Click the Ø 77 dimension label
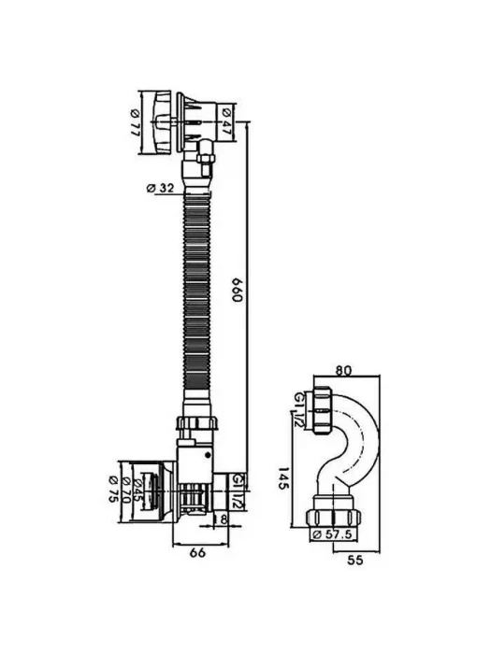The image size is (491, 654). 135,121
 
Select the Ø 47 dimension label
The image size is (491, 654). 226,121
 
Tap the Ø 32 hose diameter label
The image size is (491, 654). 160,189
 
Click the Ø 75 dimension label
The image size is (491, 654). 113,490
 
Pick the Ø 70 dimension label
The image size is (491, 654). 124,490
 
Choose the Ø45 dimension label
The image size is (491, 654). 137,490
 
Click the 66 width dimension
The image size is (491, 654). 197,553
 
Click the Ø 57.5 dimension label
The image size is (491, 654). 332,534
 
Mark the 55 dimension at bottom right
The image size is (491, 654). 355,561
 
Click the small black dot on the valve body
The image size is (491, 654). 208,456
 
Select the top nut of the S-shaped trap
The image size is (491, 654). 323,411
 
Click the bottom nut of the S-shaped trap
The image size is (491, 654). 333,519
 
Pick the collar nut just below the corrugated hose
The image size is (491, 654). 197,423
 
